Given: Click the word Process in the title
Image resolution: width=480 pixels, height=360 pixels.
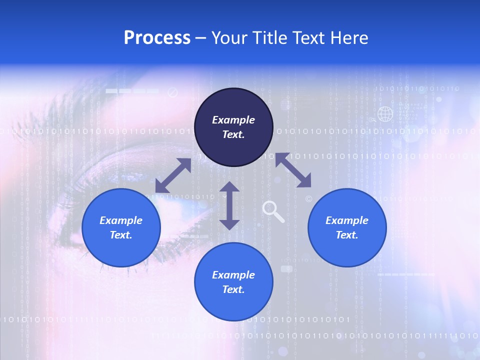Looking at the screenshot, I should click(157, 38).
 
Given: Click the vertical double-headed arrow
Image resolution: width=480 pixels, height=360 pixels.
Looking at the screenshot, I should click(229, 205).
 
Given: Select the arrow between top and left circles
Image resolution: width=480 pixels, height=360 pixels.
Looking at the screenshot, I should click(173, 175).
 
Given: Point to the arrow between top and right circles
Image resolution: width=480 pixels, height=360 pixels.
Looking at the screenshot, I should click(293, 170).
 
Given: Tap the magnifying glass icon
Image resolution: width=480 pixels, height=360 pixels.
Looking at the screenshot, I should click(272, 210).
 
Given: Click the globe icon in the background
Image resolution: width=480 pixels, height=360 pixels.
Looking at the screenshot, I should click(385, 114).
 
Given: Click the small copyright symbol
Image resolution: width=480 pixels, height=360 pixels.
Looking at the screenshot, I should click(308, 199).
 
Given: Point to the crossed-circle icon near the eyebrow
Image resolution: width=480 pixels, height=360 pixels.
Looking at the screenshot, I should click(172, 92).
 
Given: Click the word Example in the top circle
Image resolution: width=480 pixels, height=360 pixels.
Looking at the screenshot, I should click(233, 120).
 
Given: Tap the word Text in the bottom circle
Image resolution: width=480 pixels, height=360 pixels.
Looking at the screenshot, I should click(233, 289).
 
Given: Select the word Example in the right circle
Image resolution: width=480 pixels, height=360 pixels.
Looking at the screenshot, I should click(347, 220).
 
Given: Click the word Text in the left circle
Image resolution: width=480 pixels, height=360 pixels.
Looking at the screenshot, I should click(121, 235).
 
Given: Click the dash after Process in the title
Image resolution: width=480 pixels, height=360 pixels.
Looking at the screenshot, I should click(201, 38).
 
